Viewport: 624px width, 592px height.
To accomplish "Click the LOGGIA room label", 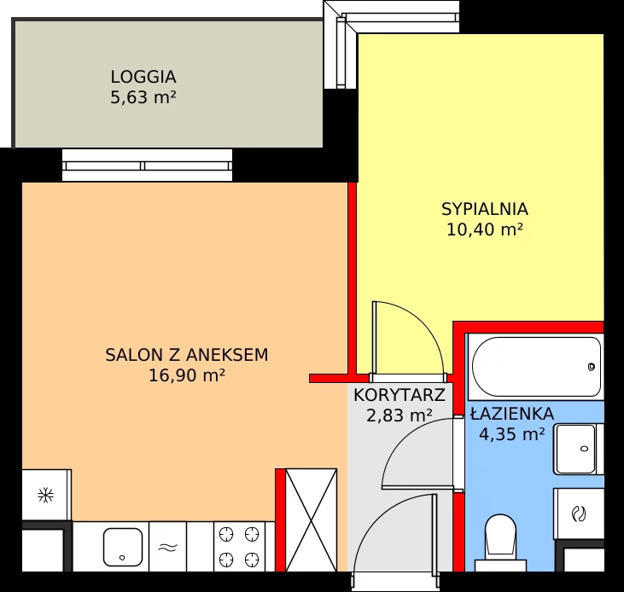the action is coord(143,77).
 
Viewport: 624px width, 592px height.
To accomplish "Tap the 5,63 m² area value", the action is coord(143,97).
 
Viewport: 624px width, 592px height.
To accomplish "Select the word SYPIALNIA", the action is coord(485,209).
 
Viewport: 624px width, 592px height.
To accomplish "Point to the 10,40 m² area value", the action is coord(485,229).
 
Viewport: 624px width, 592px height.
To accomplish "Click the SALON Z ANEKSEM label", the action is coord(187,355).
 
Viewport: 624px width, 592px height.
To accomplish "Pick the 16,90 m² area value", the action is coord(187,375).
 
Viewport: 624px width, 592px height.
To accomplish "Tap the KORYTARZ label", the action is coord(399,395).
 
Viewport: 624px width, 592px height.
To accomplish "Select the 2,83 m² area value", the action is coord(399,415).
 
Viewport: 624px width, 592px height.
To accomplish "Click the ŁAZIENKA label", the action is coord(512,414).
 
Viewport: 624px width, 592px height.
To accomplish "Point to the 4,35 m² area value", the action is coord(512,433).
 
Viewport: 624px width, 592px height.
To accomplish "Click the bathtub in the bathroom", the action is coord(536,367).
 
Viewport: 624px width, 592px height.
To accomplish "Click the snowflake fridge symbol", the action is coord(46,496).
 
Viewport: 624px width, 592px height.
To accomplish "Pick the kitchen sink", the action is coord(123,547).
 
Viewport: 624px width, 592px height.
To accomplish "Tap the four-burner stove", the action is coord(239,546).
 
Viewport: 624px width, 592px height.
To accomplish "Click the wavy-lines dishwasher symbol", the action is coord(167,548).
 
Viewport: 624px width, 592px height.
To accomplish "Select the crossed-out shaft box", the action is coord(312,520).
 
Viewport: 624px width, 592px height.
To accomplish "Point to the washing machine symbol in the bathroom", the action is coord(579,514).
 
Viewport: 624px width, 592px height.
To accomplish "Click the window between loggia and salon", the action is coord(147,165).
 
